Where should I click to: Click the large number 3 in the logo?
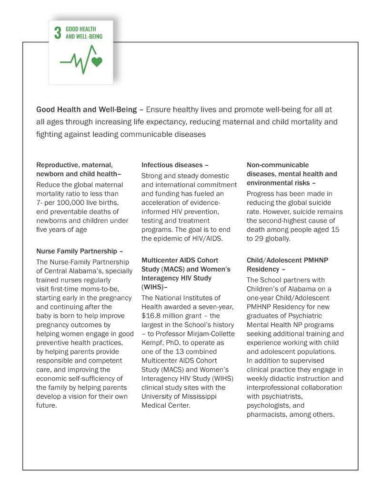(x=58, y=32)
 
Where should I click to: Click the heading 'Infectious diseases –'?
(x=175, y=165)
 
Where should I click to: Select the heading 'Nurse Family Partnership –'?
(x=80, y=251)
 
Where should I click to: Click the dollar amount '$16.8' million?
(x=152, y=315)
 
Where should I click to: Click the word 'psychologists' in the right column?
(x=269, y=405)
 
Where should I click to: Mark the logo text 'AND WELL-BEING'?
(x=84, y=36)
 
